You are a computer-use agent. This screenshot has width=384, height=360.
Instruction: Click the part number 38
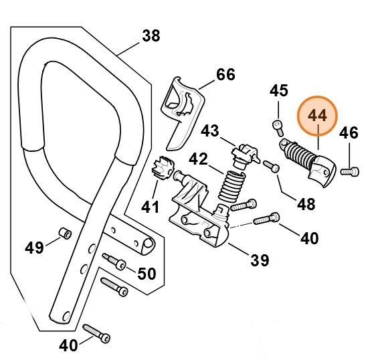[x=151, y=35]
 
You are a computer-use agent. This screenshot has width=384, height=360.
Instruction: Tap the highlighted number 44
[x=317, y=116]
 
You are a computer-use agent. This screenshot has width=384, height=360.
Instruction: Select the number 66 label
[x=225, y=74]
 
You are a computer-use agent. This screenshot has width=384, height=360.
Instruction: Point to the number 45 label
[x=279, y=90]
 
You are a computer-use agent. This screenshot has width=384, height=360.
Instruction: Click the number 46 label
[x=349, y=133]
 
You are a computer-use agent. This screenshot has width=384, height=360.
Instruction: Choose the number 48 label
[x=306, y=204]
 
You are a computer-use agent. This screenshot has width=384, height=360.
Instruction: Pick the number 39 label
[x=260, y=260]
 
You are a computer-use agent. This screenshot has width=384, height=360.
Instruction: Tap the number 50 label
[x=147, y=274]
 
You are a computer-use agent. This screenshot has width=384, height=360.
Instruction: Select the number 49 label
[x=34, y=248]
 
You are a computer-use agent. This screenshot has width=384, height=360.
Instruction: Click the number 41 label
[x=150, y=207]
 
